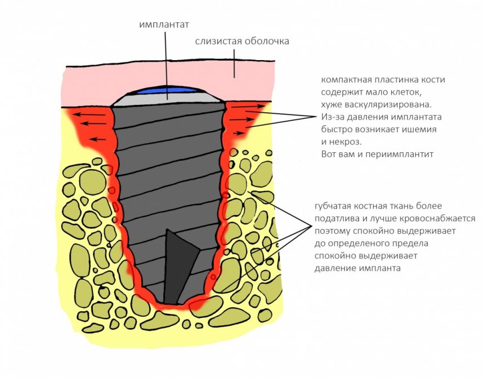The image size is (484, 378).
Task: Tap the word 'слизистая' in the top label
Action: pos(218,42)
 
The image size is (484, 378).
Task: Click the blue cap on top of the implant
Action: pos(167,89)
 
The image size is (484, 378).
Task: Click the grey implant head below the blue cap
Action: pos(167,99)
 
